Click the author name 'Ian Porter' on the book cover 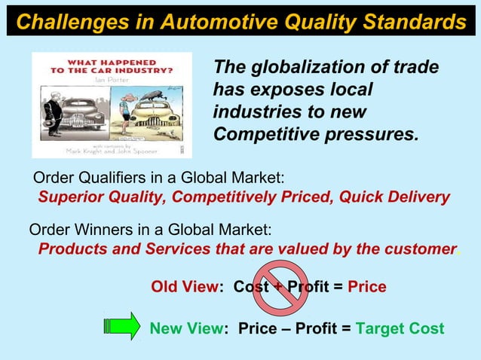[x=110, y=78]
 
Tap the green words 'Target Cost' [x=400, y=329]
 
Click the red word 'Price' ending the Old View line [x=367, y=287]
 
